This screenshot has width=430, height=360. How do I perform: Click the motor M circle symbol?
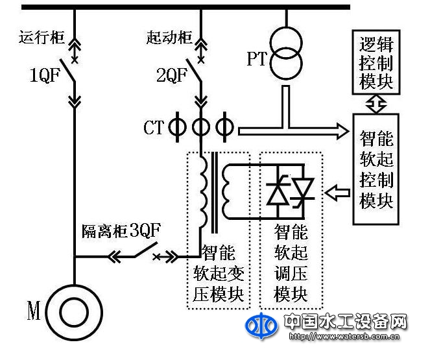(74, 313)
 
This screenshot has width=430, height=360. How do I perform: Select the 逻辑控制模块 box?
(376, 63)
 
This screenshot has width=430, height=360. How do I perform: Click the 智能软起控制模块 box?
(376, 168)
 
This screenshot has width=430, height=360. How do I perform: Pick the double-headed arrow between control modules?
(376, 103)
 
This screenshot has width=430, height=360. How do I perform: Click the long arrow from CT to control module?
(292, 130)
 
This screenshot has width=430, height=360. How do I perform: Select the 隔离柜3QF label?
(121, 230)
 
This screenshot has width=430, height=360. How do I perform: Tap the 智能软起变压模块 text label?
(219, 273)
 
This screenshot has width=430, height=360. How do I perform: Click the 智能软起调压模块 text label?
(290, 263)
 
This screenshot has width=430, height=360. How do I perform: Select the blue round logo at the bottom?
(261, 328)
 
